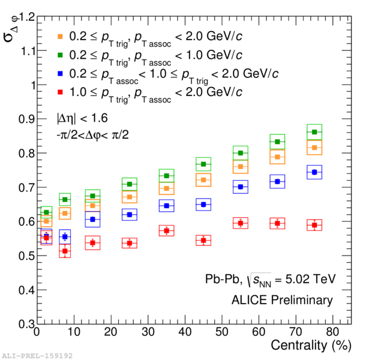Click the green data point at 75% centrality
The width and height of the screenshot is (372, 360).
coord(331,132)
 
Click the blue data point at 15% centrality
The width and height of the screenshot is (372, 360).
coord(92,220)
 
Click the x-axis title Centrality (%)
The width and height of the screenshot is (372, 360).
coord(310,346)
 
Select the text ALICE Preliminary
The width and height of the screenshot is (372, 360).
coord(286,300)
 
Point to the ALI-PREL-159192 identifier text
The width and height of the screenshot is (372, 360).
coord(37,355)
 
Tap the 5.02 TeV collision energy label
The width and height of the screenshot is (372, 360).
coord(307,280)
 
